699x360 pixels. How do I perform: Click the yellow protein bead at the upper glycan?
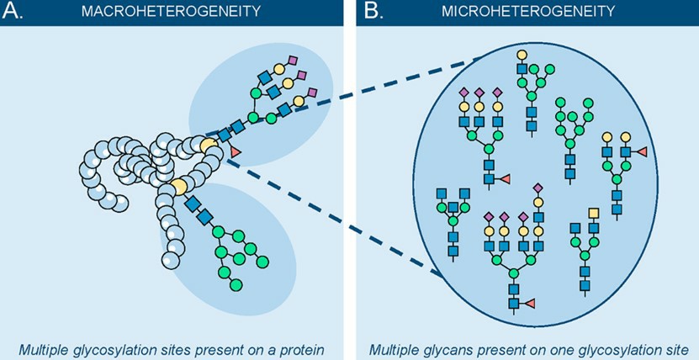click(x=207, y=147)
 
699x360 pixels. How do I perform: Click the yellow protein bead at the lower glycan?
click(x=178, y=185)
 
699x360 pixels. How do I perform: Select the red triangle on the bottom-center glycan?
click(x=530, y=302)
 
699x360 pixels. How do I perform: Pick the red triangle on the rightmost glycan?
click(x=641, y=151)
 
